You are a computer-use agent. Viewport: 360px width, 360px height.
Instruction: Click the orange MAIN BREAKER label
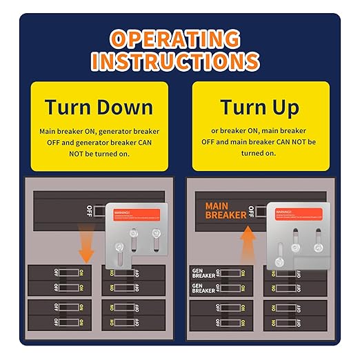[x=226, y=211]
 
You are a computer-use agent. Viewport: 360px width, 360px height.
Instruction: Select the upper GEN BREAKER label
[x=203, y=273]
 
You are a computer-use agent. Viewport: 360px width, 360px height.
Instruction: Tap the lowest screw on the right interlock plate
[x=280, y=261]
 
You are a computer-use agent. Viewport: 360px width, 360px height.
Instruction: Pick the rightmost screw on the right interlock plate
[x=318, y=246]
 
